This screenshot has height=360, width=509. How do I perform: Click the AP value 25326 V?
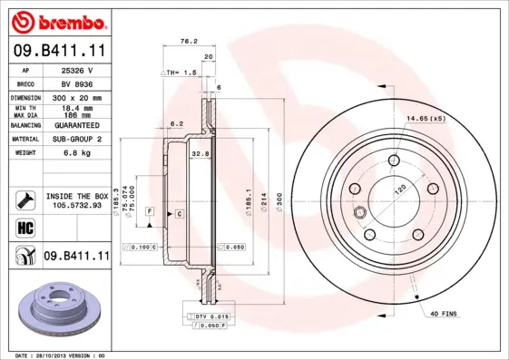point(76,70)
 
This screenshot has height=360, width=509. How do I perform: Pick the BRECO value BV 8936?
point(76,83)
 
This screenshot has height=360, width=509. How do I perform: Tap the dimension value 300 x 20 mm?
point(76,96)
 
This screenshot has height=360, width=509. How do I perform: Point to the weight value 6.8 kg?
point(76,153)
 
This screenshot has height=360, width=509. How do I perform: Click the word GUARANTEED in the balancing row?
point(76,125)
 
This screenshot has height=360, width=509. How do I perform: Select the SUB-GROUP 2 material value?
point(76,140)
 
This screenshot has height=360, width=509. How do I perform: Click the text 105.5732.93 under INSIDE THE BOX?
point(77,205)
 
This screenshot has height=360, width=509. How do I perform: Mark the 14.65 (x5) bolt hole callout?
point(425,119)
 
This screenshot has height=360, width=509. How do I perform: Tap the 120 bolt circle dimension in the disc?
point(397,193)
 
